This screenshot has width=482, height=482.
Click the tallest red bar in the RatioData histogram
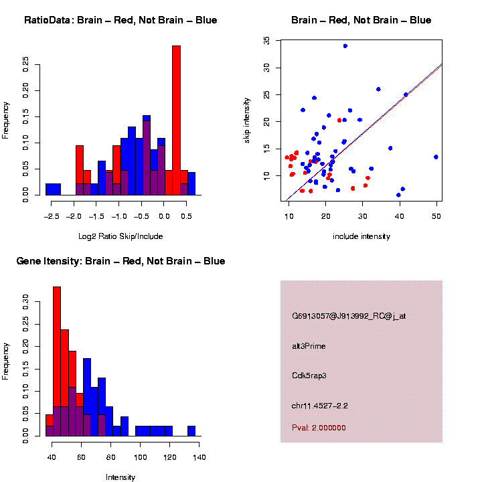click(x=177, y=120)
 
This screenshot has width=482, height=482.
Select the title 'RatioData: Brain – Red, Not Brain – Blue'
click(x=120, y=20)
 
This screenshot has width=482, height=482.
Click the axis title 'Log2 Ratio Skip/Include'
click(x=120, y=236)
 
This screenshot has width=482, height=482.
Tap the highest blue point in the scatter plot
click(x=345, y=46)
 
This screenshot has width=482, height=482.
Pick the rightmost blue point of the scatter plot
click(x=436, y=157)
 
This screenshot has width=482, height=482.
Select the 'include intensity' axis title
click(x=361, y=236)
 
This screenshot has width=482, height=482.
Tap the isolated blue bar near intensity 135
click(x=191, y=431)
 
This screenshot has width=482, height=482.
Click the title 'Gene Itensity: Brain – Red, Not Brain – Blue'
click(x=120, y=261)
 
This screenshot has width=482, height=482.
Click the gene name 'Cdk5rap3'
click(x=309, y=376)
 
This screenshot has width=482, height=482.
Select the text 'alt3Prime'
click(x=309, y=346)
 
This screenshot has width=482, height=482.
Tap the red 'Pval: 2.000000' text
click(x=319, y=428)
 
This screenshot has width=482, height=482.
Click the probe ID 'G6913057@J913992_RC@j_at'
click(x=349, y=316)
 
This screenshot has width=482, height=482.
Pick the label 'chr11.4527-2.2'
click(x=320, y=406)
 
